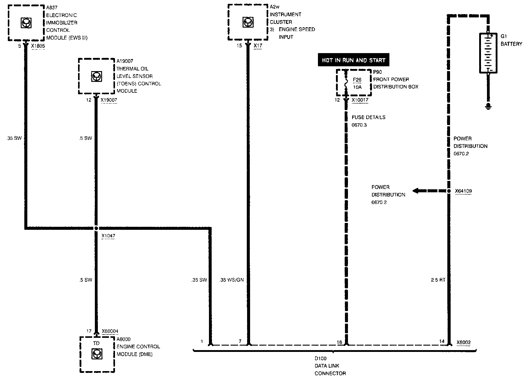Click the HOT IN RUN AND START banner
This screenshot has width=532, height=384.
click(x=353, y=60)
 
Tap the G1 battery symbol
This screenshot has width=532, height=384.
click(x=488, y=53)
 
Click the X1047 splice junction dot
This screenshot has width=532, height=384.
click(x=96, y=228)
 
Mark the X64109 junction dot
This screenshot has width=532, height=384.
click(x=449, y=191)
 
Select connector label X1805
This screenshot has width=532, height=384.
click(x=38, y=46)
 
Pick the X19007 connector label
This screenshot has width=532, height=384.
click(x=109, y=100)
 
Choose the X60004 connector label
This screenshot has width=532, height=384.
click(x=110, y=331)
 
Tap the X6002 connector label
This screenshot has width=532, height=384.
click(x=464, y=342)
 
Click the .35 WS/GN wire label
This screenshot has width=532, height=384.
click(x=231, y=280)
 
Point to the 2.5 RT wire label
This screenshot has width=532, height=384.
click(x=438, y=280)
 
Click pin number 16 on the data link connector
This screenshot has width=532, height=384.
click(x=339, y=342)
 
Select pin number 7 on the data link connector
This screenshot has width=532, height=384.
click(x=240, y=341)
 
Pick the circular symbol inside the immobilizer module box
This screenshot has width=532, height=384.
click(x=26, y=23)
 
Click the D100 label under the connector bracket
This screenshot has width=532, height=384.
click(x=320, y=358)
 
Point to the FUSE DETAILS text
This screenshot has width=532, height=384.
click(x=368, y=117)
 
